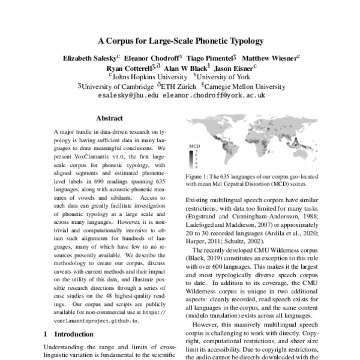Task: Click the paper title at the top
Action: click(181, 41)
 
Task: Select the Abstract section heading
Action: click(109, 118)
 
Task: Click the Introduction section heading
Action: click(70, 332)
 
